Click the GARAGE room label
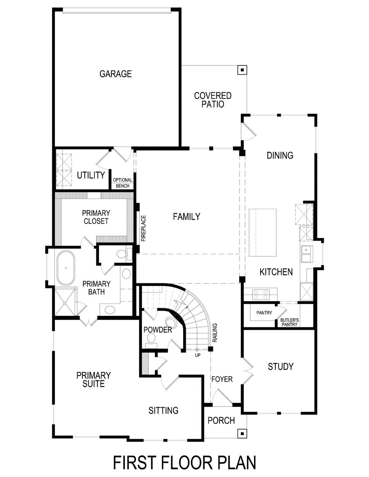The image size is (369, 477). pos(116,74)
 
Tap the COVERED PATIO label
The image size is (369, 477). pos(213,100)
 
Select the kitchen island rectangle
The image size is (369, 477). pos(262,232)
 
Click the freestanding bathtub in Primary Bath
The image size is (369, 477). pos(66,268)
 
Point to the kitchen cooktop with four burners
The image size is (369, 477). pos(260,294)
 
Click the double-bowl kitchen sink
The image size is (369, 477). pos(306,254)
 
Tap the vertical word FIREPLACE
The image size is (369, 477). pos(144,228)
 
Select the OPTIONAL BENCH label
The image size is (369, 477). pos(123,183)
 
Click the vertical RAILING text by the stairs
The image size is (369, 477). pos(215,333)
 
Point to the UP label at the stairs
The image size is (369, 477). pos(197,355)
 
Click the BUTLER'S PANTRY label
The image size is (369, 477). pos(289,322)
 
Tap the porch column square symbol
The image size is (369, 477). pos(242,433)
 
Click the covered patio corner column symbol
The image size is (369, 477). pos(242,70)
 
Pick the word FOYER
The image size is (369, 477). pos(222,379)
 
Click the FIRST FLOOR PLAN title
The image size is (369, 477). pos(184,463)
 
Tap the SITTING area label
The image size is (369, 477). pos(163,410)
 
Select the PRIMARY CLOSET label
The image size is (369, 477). pos(96,217)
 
